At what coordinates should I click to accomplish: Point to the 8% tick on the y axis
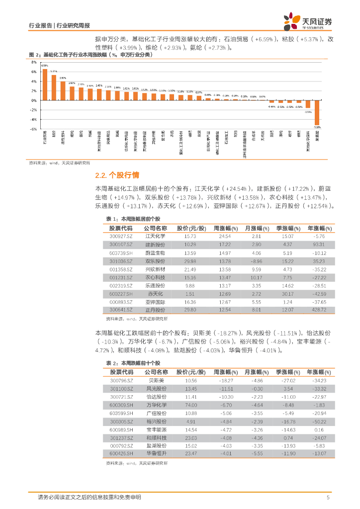coord(34,63)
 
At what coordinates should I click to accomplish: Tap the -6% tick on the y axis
coord(34,129)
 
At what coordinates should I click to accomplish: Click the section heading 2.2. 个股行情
coord(117,175)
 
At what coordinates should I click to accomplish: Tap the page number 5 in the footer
coord(328,498)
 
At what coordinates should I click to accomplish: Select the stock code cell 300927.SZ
coord(121,236)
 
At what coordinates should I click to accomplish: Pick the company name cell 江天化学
coord(155,236)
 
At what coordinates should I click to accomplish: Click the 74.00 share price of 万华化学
coord(191,405)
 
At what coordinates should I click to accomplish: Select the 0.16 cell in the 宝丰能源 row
coord(319,429)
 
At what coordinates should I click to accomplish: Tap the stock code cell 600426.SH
coord(121,454)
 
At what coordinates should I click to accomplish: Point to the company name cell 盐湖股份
coord(156,446)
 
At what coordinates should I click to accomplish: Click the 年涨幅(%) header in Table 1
coord(319,228)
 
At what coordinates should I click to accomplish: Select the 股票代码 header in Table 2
coord(121,372)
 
